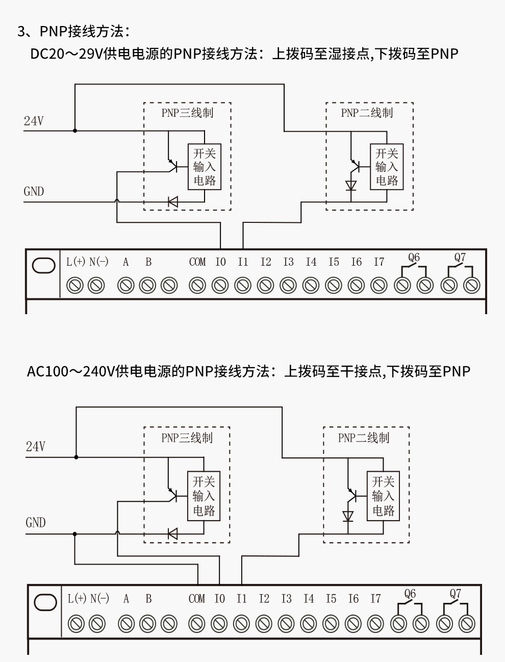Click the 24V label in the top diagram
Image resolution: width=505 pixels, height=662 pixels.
pyautogui.click(x=34, y=121)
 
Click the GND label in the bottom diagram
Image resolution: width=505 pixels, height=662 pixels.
pyautogui.click(x=35, y=522)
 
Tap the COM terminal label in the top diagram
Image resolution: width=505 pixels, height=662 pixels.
pyautogui.click(x=197, y=262)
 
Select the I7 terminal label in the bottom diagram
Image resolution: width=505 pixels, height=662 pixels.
pyautogui.click(x=375, y=598)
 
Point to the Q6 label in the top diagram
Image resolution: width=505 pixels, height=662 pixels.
pyautogui.click(x=414, y=258)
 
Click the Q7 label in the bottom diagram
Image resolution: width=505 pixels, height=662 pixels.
pyautogui.click(x=455, y=594)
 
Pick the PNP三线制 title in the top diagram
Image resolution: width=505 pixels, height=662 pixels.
pyautogui.click(x=187, y=113)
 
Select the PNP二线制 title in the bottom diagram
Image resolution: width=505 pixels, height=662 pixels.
pyautogui.click(x=363, y=438)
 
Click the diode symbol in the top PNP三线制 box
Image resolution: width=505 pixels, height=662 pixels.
pyautogui.click(x=173, y=202)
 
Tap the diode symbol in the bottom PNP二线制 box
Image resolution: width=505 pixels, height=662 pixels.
pyautogui.click(x=348, y=517)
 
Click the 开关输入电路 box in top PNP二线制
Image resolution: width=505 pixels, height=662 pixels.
pyautogui.click(x=386, y=167)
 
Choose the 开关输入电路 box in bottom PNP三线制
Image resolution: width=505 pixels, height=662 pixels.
pyautogui.click(x=204, y=496)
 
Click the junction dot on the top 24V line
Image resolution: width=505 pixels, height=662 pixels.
pyautogui.click(x=75, y=131)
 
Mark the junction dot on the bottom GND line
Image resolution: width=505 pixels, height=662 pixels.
pyautogui.click(x=75, y=534)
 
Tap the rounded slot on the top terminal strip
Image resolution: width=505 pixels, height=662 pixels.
pyautogui.click(x=43, y=266)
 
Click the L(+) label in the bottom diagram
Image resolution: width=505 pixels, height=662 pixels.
pyautogui.click(x=77, y=598)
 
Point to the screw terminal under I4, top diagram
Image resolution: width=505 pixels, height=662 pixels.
pyautogui.click(x=311, y=285)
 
